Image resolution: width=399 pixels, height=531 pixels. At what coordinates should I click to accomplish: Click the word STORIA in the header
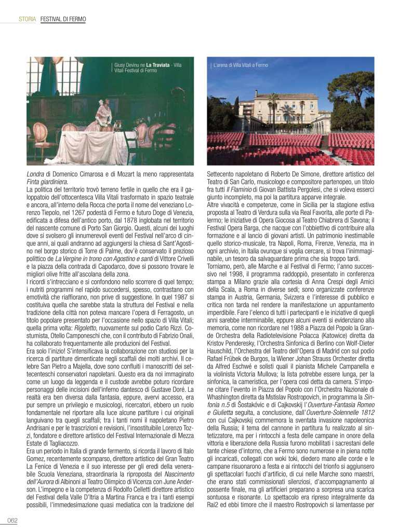tap(27, 19)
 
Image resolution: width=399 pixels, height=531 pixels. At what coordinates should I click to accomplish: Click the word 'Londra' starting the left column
tap(37, 173)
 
